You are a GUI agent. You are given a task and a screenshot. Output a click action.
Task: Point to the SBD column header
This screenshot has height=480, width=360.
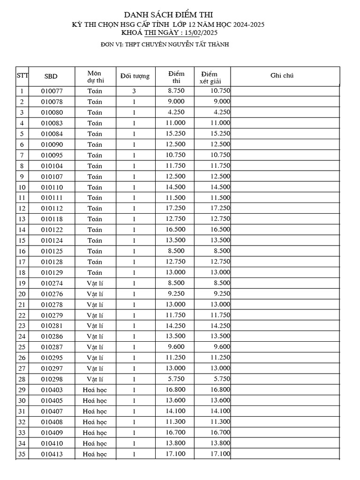[51, 76]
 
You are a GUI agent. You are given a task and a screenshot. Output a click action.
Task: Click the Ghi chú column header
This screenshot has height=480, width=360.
[282, 75]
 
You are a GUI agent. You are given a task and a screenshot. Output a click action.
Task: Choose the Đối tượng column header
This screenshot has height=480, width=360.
[135, 76]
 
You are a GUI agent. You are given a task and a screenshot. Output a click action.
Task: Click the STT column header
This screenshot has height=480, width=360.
[22, 75]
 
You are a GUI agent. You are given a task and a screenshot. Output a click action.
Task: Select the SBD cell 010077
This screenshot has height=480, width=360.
[52, 91]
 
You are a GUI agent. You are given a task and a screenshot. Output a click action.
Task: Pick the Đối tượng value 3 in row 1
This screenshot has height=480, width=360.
[134, 91]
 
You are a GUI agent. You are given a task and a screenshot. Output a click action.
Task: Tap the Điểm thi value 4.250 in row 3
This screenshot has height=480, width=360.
[176, 112]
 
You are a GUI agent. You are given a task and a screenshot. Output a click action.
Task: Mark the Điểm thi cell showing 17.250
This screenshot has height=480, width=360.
[176, 208]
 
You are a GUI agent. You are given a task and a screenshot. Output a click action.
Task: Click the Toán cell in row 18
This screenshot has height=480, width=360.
[95, 272]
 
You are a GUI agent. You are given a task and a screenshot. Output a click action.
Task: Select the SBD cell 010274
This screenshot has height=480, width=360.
[52, 283]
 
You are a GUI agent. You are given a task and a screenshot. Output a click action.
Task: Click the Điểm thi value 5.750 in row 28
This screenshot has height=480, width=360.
[176, 379]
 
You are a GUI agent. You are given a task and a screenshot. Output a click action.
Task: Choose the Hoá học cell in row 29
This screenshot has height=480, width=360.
[95, 390]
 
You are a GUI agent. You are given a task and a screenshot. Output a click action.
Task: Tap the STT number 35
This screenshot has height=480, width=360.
[22, 454]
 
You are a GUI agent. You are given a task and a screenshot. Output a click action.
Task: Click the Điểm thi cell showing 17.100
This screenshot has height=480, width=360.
[176, 454]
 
